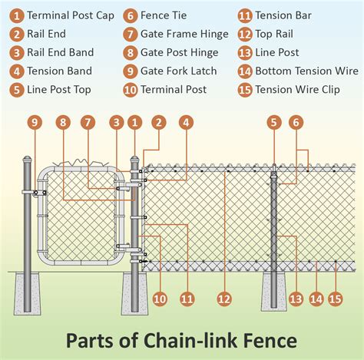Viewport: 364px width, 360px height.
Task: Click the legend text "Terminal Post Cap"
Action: coord(71,15)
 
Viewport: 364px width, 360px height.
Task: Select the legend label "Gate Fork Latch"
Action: coord(179,71)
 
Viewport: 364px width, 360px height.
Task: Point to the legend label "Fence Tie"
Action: coord(165,15)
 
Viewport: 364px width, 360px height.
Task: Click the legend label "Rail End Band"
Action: coord(60,52)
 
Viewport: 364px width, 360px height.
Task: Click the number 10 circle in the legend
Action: coord(130,89)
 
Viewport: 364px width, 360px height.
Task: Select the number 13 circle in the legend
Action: coord(245,52)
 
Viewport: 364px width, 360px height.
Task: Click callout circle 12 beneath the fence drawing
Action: coord(224,299)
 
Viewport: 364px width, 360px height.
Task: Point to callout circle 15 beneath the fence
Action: coord(334,299)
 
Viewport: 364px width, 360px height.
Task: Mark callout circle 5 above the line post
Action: coord(273,121)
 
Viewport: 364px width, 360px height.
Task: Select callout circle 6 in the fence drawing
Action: coord(296,121)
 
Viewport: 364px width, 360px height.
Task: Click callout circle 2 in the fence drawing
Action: coord(158,121)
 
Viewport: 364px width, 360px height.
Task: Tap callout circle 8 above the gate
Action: coord(63,121)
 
